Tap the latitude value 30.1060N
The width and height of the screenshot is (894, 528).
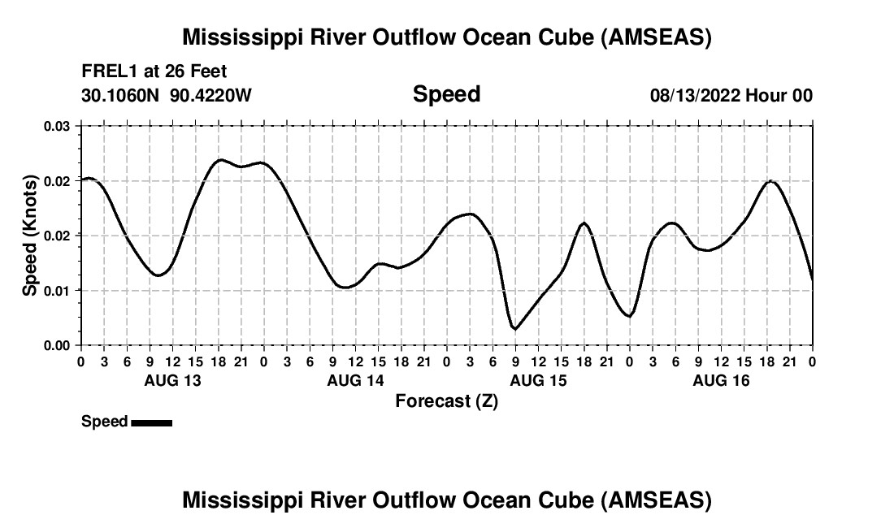coord(122,96)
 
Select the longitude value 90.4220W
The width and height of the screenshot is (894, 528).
coord(211,96)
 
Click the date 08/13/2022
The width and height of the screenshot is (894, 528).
coord(695,96)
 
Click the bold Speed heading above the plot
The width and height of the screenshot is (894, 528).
coord(447,94)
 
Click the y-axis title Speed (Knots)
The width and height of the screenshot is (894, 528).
coord(30,235)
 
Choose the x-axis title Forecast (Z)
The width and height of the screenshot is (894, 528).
coord(446,401)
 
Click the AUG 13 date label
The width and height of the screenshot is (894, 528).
coord(173,381)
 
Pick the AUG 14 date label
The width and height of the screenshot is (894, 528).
coord(356,381)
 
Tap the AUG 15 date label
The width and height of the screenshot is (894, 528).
coord(539,381)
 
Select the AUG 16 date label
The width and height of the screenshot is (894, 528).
coord(722,381)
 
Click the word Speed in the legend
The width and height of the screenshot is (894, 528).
coord(105,422)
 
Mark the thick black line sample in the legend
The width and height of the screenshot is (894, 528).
coord(152,422)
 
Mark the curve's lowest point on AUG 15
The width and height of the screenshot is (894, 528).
coord(514,329)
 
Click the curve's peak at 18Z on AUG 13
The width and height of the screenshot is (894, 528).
coord(220,160)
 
